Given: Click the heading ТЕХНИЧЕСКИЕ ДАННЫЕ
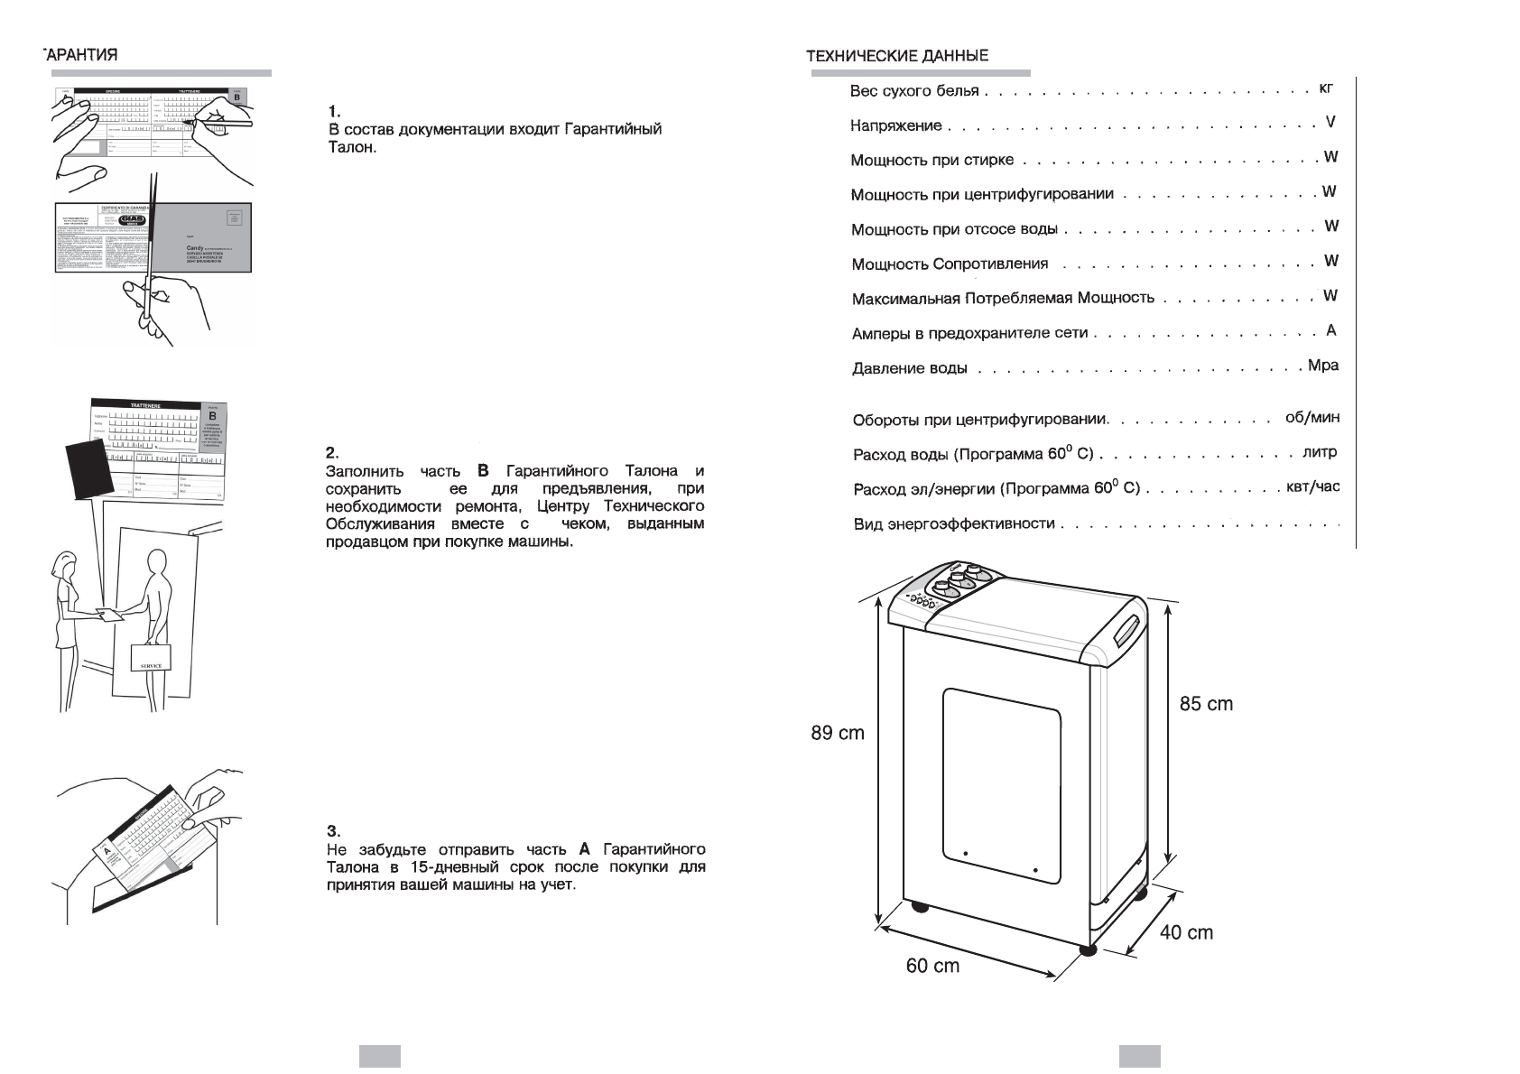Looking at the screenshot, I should tap(896, 56).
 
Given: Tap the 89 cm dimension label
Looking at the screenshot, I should tap(837, 733).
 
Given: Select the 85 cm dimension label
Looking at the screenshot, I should tap(1206, 704).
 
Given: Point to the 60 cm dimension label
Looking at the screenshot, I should tap(932, 966).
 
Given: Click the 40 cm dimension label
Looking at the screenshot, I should tap(1186, 932).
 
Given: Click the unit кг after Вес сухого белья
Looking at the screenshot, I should tap(1325, 88).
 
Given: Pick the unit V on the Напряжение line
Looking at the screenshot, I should tap(1330, 122).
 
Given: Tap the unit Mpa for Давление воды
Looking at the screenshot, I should tap(1322, 366).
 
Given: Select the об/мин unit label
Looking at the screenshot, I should tap(1311, 418).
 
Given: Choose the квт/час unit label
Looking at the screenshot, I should tap(1312, 487).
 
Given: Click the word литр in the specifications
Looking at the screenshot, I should tap(1319, 452).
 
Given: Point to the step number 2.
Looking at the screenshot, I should tap(331, 453).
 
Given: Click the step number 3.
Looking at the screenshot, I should tap(331, 831).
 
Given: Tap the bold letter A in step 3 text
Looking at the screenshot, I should tap(584, 849).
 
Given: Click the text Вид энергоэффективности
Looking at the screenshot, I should tap(954, 523).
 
